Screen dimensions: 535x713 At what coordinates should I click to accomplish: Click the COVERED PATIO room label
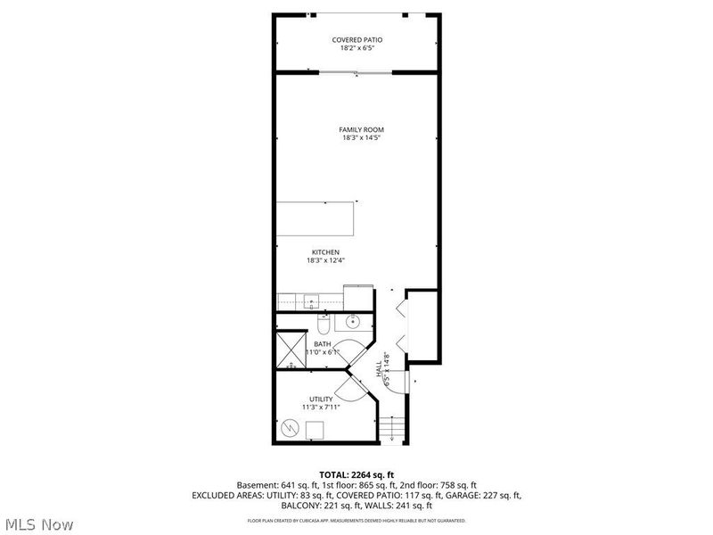point(356,40)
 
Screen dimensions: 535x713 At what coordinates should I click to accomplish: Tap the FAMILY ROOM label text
point(362,129)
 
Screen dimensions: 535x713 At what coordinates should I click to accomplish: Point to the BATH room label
point(322,343)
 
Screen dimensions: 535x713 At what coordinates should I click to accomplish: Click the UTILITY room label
point(321,399)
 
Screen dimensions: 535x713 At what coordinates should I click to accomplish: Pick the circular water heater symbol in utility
point(290,429)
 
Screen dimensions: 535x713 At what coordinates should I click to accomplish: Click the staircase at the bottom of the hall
point(392,430)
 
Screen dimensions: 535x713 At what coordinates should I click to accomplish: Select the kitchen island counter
point(316,217)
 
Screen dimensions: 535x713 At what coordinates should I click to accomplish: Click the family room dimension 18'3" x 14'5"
point(362,138)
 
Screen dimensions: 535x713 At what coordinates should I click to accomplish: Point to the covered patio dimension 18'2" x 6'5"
point(356,49)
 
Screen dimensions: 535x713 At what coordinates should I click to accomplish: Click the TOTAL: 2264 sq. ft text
point(356,474)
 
